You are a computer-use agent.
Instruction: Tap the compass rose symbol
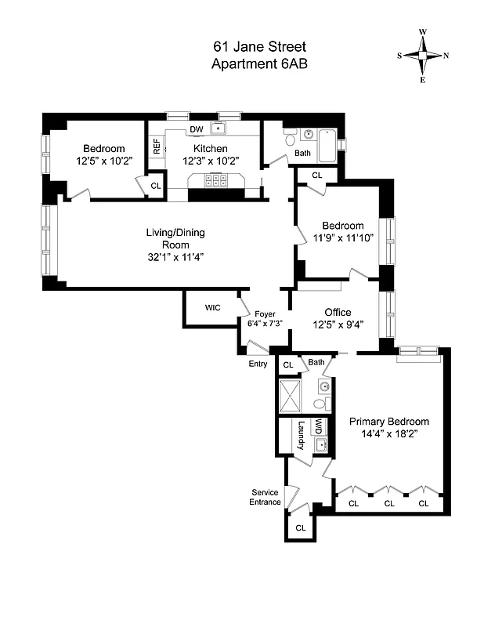(x=423, y=56)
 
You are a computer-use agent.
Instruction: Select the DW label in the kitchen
(x=196, y=129)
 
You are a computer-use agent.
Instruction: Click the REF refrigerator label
(x=157, y=146)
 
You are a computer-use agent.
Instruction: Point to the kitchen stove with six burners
(x=215, y=180)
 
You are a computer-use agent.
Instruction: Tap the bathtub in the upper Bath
(x=327, y=145)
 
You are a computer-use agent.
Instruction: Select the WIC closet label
(x=213, y=307)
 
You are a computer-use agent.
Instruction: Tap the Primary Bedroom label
(x=389, y=421)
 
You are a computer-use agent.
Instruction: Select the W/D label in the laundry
(x=319, y=427)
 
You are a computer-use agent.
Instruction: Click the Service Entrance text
(x=265, y=497)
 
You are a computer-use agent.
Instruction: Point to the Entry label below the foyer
(x=258, y=364)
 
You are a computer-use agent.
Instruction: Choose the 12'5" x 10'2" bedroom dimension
(x=105, y=161)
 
